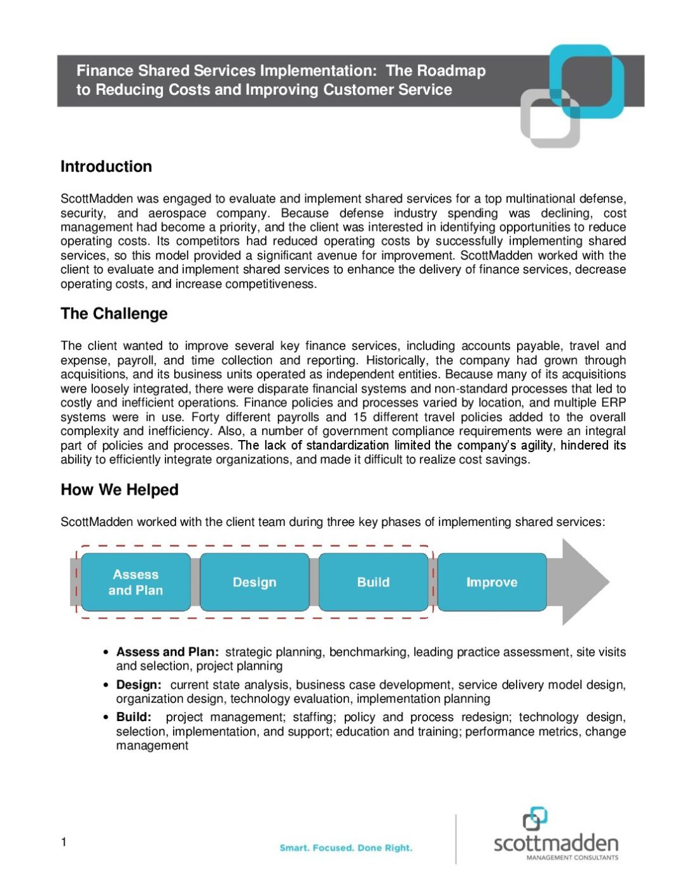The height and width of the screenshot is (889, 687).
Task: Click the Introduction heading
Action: coord(106,167)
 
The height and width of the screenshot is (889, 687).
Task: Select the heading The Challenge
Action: coord(114,314)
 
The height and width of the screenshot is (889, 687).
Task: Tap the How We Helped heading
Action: coord(120,490)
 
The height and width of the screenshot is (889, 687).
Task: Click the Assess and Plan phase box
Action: coord(135,582)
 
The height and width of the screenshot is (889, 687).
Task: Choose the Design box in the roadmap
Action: coord(254,582)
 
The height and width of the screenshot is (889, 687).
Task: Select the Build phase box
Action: coord(373,582)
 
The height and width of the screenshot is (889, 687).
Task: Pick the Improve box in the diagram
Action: coord(492,582)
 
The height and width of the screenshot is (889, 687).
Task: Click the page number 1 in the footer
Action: coord(64,842)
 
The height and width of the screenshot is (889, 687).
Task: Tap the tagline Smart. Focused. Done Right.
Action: coord(346,848)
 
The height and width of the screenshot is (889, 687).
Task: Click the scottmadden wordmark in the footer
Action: coord(556,843)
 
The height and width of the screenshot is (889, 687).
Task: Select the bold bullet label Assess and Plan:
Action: coord(167,652)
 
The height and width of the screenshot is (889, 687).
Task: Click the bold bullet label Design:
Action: coord(139,685)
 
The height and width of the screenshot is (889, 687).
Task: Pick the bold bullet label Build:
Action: coord(134,717)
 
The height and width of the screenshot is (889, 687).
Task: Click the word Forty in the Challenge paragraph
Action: coord(205,417)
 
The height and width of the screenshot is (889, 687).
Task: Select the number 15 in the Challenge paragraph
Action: coord(360,417)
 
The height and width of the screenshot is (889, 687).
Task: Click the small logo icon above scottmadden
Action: coord(535,818)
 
